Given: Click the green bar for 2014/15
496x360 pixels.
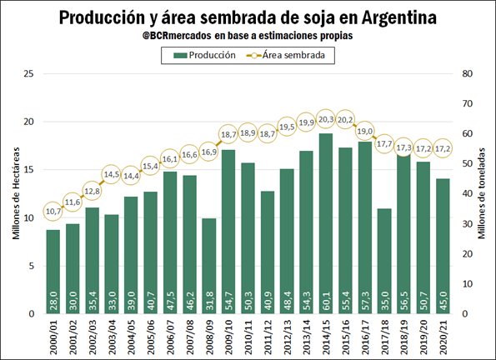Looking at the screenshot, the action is (x=325, y=223).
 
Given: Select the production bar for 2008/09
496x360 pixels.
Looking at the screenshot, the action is (x=208, y=266).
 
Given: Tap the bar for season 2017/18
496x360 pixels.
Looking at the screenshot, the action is (x=384, y=261).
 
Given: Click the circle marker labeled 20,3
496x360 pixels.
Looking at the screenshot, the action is (x=326, y=119).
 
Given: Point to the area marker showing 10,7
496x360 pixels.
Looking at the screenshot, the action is (x=53, y=211).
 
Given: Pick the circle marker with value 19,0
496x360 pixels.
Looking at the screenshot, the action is (x=365, y=131).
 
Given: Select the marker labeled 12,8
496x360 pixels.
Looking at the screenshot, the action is (x=92, y=191).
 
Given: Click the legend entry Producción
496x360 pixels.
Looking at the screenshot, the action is (x=205, y=55).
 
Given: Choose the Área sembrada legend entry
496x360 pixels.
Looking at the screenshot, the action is (x=286, y=55).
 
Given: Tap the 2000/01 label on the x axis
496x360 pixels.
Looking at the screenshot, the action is (x=53, y=337).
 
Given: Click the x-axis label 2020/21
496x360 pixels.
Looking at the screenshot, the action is (x=443, y=337).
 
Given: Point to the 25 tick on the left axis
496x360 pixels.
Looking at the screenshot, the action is (x=29, y=73).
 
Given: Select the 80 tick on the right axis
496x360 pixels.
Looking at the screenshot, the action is (x=467, y=73).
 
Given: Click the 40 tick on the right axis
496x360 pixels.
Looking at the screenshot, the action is (x=467, y=193).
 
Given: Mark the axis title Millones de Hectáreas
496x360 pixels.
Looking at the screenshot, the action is (x=16, y=193).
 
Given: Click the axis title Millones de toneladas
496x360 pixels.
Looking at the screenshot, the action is (x=481, y=193).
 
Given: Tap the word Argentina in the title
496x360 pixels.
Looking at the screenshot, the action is (x=399, y=17).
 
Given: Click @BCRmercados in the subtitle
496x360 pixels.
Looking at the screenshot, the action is (x=177, y=36).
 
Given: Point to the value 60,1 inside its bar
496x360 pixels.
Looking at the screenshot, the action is (x=326, y=301).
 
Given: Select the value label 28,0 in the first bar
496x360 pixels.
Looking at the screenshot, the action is (x=53, y=301).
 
